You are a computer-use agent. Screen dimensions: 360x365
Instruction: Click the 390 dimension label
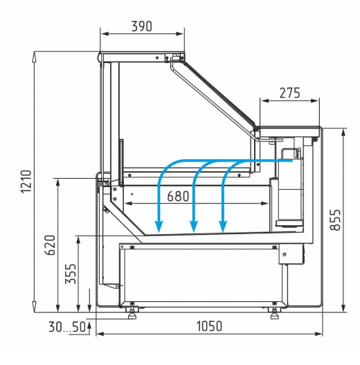(142, 26)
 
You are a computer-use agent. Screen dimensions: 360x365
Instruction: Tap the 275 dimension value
(289, 93)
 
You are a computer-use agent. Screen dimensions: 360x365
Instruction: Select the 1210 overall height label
(26, 181)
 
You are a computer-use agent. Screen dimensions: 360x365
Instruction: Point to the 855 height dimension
(336, 220)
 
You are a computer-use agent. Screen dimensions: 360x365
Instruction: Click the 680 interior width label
(178, 196)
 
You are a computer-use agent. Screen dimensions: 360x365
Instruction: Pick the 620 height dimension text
(50, 245)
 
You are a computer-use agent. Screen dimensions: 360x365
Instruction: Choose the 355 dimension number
(71, 274)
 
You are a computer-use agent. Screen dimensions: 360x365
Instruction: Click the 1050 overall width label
(210, 326)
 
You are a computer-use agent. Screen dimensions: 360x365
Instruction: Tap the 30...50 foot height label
(67, 327)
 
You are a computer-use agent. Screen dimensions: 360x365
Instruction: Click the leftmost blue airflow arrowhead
(159, 226)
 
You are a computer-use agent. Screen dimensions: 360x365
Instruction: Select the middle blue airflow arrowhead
(194, 226)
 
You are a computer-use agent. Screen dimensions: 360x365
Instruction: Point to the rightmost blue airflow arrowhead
(223, 226)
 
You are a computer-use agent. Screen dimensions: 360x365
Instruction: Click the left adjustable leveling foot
(132, 313)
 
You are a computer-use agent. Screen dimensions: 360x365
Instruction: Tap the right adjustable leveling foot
(275, 313)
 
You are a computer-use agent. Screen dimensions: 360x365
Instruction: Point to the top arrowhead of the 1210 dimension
(34, 57)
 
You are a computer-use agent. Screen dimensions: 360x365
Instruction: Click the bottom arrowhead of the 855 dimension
(343, 308)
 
